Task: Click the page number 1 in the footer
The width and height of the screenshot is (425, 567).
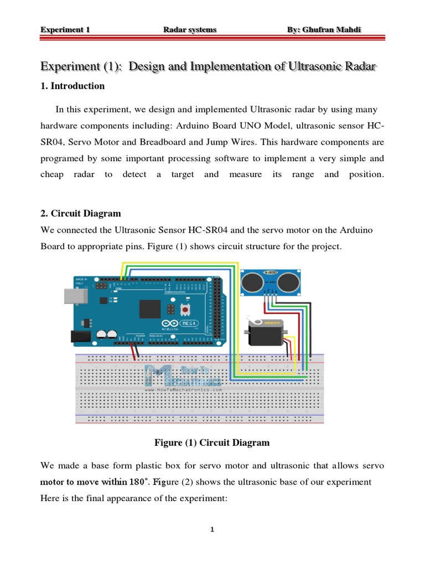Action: click(212, 530)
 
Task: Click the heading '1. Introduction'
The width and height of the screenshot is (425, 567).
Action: click(72, 86)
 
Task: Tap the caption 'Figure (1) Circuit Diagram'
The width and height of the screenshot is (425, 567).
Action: click(212, 442)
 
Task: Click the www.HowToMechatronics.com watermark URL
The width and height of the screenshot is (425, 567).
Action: click(183, 390)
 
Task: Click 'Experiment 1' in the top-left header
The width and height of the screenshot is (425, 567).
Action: click(65, 29)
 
